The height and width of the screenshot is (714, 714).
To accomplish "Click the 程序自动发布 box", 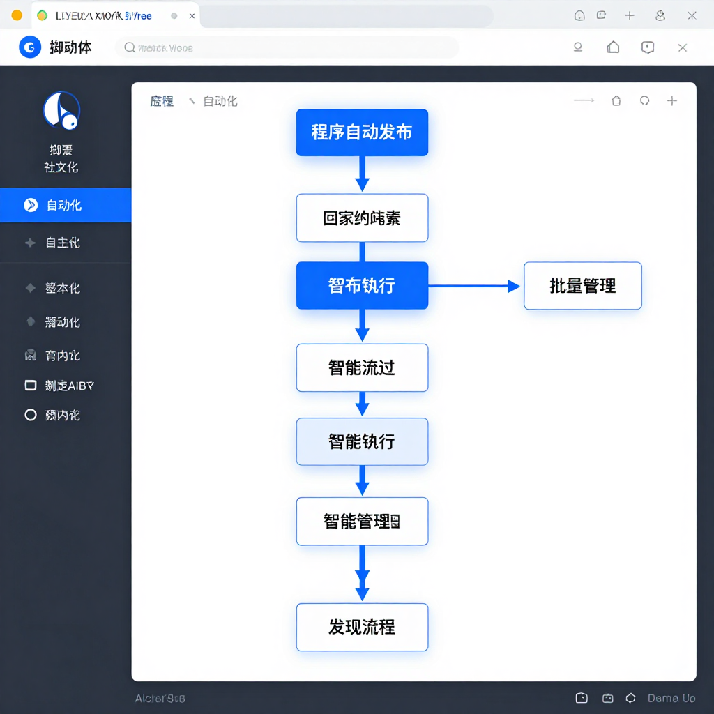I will click(362, 132).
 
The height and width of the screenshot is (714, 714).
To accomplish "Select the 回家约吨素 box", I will click(362, 218).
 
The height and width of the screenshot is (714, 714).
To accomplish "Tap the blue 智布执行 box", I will click(362, 285).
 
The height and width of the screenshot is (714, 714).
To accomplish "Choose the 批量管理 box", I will click(582, 286).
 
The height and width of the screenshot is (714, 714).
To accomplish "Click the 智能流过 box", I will click(362, 367).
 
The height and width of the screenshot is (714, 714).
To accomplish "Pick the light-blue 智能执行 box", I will click(362, 441).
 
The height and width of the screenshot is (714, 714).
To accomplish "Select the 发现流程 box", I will click(362, 627).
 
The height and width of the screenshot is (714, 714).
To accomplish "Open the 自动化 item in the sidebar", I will click(64, 205).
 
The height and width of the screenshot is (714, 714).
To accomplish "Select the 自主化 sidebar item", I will click(63, 243).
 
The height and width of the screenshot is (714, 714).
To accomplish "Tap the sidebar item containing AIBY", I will click(63, 386).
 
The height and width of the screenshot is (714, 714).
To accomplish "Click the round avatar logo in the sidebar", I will click(61, 111).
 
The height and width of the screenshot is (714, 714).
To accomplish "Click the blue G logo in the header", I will click(30, 47).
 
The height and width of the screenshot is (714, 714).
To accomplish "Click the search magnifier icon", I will click(130, 47).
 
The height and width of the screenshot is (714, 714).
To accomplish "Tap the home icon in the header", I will click(613, 47).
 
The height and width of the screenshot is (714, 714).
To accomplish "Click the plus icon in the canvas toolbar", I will click(672, 101).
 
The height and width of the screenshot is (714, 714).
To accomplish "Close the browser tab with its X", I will click(192, 15).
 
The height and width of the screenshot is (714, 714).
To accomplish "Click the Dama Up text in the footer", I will click(671, 698).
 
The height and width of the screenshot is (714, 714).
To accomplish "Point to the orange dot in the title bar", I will click(17, 15).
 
